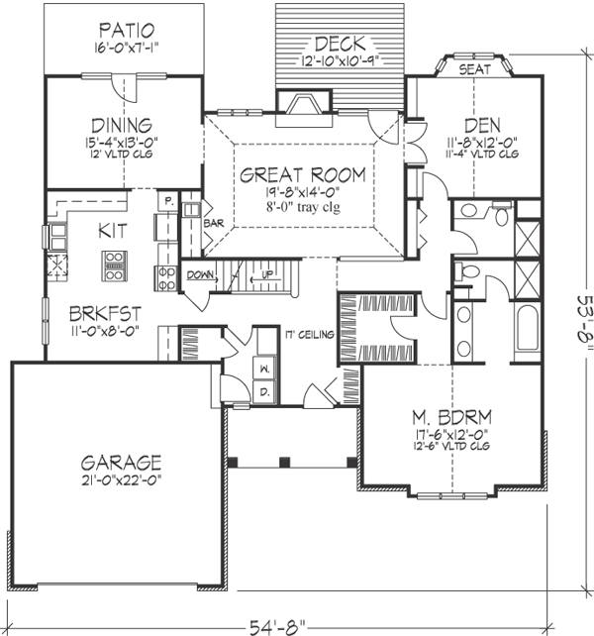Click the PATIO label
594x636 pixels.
pos(126,28)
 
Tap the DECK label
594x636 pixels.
pos(340,44)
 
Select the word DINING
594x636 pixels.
pos(118,126)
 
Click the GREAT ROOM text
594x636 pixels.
pos(303,175)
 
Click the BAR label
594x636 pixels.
pos(213,224)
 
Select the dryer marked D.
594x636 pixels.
pos(263,393)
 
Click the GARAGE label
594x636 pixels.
pos(123,461)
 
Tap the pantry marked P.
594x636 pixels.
pos(169,201)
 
